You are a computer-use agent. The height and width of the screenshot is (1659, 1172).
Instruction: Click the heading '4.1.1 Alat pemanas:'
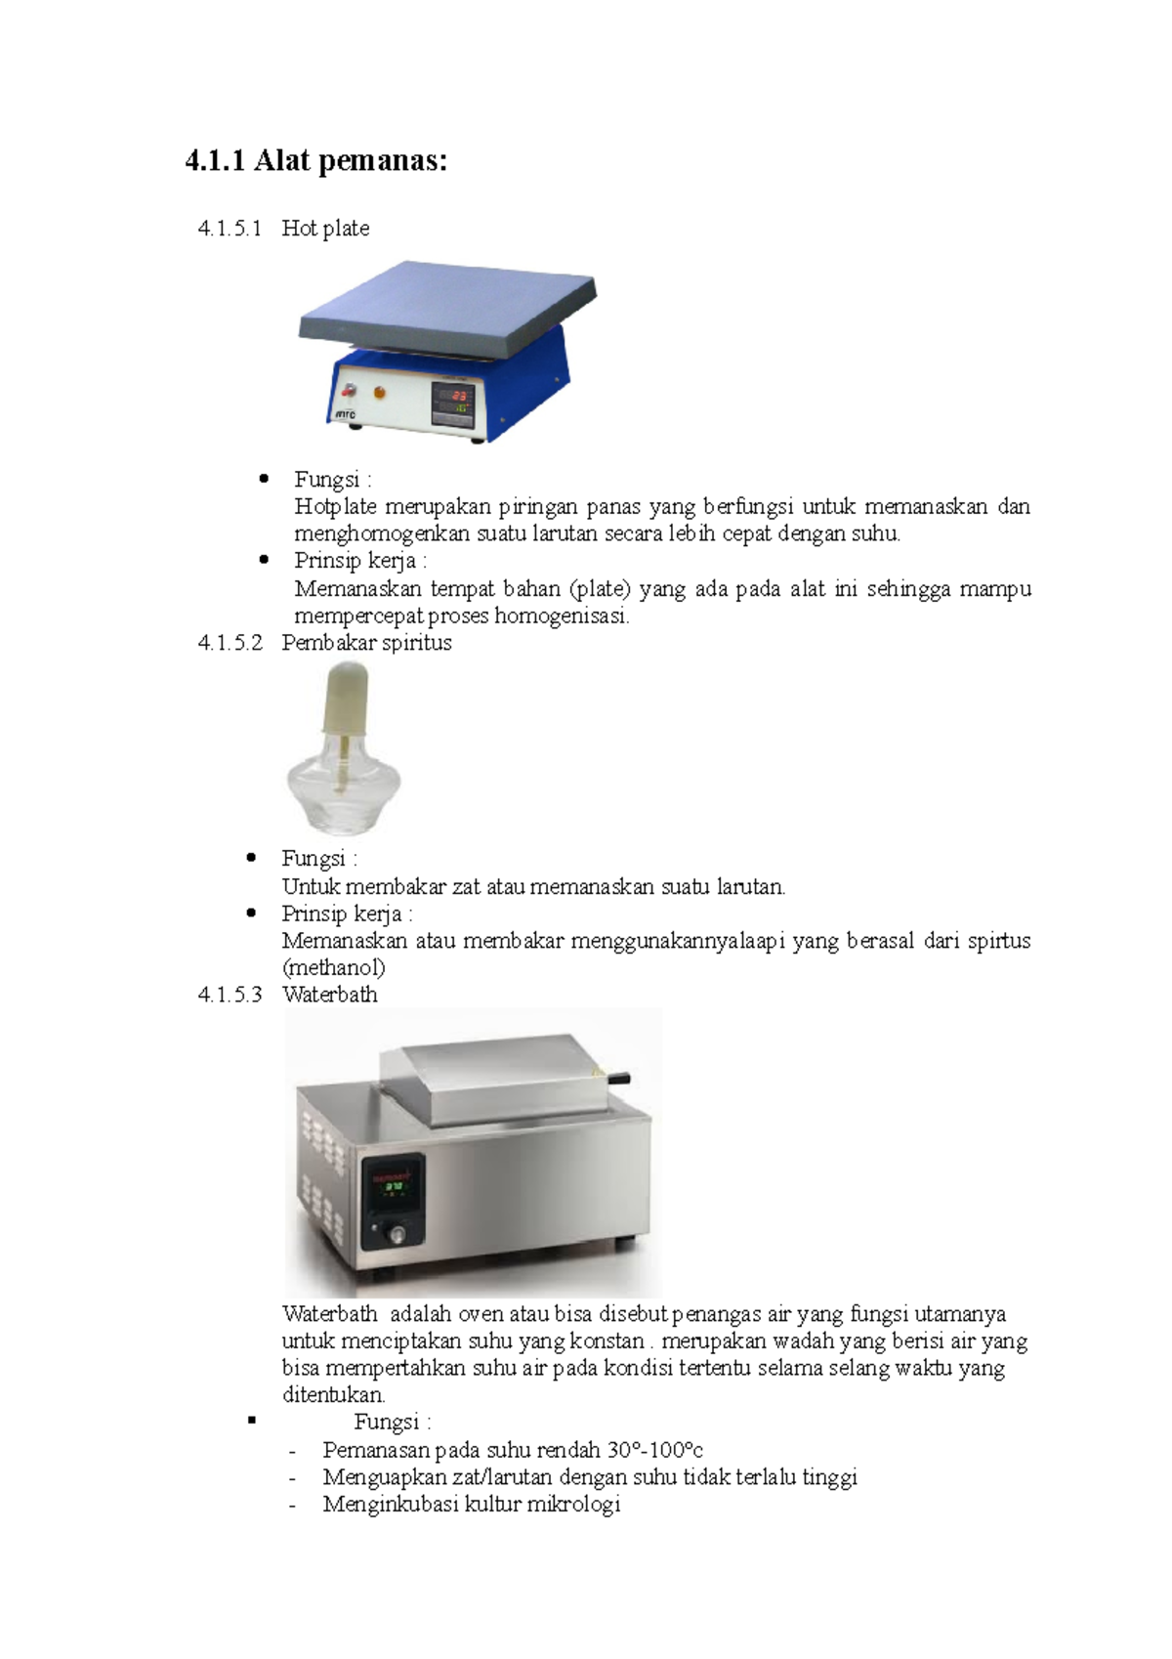tap(315, 160)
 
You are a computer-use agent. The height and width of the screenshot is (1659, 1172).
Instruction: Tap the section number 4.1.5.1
tap(230, 229)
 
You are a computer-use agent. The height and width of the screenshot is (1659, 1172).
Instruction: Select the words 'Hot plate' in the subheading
tap(325, 229)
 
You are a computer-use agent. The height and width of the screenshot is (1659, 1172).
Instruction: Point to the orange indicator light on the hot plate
tap(379, 393)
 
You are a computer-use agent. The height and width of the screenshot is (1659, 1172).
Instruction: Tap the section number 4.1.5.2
tap(230, 643)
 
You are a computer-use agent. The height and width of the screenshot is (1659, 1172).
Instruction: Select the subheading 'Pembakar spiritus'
tap(366, 643)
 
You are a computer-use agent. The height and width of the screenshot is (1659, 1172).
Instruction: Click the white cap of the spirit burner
tap(345, 697)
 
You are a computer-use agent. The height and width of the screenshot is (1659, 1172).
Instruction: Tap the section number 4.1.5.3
tap(230, 995)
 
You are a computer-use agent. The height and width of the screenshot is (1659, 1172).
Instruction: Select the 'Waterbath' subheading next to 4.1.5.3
tap(329, 995)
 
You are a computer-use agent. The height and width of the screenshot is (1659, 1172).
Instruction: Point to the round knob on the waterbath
tap(397, 1235)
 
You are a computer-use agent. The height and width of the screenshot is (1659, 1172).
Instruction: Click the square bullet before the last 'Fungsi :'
tap(252, 1421)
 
